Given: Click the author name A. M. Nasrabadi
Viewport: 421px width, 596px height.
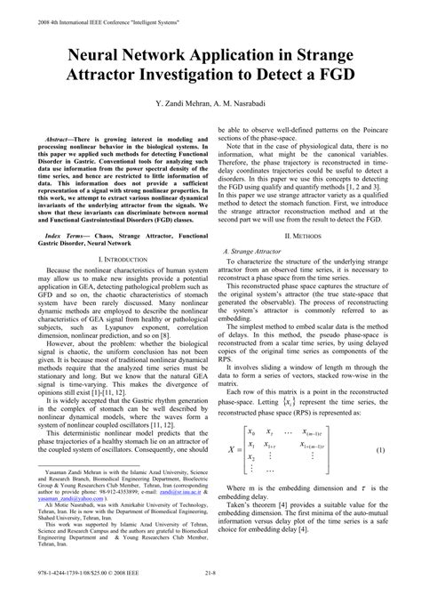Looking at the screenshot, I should [250, 105].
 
